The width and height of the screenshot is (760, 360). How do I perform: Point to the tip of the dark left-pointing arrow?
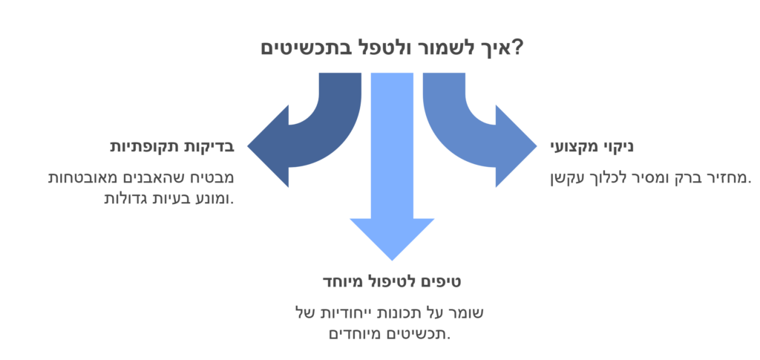(x=248, y=145)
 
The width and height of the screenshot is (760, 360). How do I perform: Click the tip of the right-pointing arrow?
(x=537, y=145)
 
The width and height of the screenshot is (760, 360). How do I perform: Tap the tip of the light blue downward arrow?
(x=392, y=261)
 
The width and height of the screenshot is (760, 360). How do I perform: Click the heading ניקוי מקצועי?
(x=592, y=147)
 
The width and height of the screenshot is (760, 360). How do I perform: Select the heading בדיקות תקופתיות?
(x=172, y=147)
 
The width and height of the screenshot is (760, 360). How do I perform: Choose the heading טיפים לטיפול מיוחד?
(x=392, y=281)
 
